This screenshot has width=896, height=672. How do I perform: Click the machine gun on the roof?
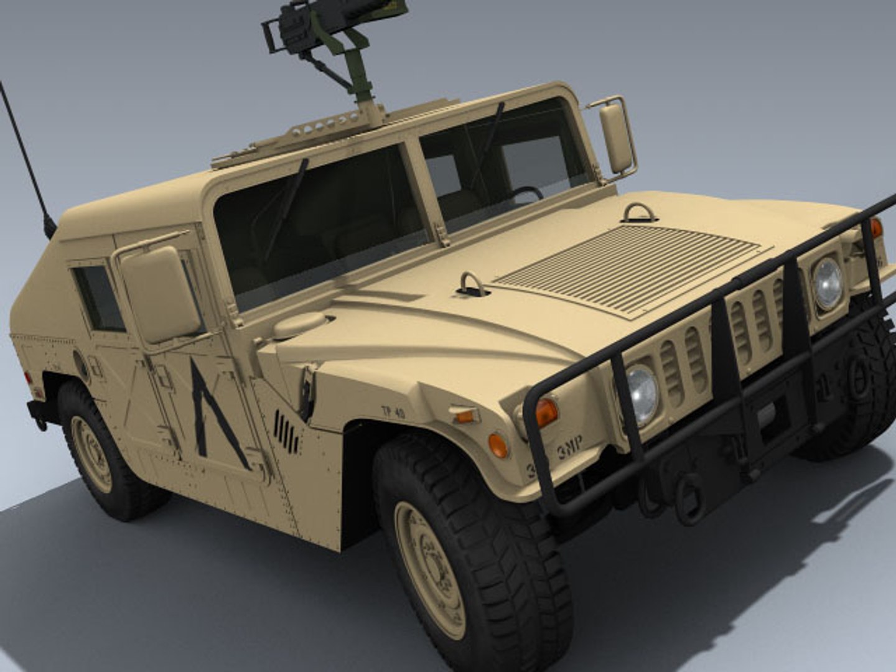[x=317, y=28]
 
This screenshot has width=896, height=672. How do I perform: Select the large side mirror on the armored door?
[x=161, y=294]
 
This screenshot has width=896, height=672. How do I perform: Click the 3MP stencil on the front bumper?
[x=569, y=446]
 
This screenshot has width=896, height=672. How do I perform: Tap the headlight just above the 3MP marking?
[x=642, y=394]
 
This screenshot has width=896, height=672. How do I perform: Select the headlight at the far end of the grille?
[x=828, y=283]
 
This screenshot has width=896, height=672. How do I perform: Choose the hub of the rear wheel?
[x=91, y=444]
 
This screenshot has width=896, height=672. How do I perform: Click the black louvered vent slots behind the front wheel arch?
[x=286, y=431]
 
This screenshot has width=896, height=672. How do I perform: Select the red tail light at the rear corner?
[x=28, y=377]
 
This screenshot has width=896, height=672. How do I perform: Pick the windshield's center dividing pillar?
[x=424, y=187]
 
